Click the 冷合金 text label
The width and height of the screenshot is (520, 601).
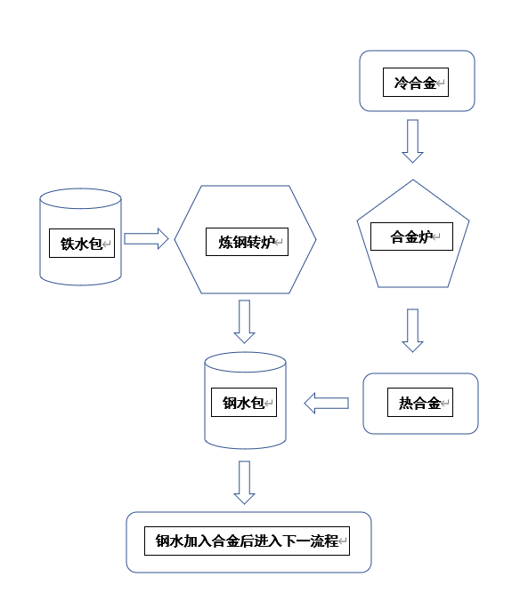pos(415,83)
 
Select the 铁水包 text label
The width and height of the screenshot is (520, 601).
pos(81,244)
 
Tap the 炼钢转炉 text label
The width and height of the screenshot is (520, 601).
pos(247,242)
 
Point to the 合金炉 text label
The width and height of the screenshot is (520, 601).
pos(411,236)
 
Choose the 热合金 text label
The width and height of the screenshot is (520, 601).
pos(419,403)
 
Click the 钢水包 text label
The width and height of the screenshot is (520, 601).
pos(243,403)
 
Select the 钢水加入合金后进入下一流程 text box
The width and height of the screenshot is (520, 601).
pos(247,541)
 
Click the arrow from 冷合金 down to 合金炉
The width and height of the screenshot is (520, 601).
pos(412,141)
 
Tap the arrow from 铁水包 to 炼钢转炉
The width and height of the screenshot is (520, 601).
pos(146,239)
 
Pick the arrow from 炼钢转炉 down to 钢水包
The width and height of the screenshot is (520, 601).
pos(245,322)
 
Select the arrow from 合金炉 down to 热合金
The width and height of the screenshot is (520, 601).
pos(412,331)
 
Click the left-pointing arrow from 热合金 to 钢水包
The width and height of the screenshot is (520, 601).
pos(326,404)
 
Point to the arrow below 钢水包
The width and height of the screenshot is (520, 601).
pos(245,483)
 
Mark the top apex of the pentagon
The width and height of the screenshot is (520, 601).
pos(413,180)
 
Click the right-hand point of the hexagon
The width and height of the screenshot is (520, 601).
pos(316,239)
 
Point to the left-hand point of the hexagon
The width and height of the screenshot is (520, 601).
pos(175,239)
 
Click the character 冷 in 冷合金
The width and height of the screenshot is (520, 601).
pos(401,83)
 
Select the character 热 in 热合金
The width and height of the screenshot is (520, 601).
pos(406,403)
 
